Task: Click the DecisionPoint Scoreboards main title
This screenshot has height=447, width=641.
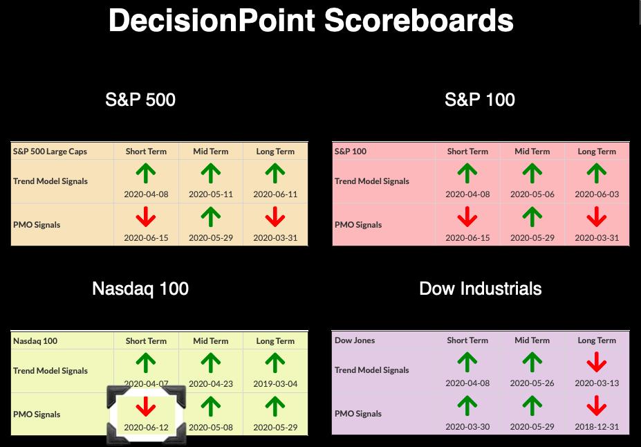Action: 311,21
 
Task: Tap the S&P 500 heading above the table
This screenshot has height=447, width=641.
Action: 140,100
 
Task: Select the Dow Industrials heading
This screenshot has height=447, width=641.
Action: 481,289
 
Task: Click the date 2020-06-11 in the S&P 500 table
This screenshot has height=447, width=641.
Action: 275,194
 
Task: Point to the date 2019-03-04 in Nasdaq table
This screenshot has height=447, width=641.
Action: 275,384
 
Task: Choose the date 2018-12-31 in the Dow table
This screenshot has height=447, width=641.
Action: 597,426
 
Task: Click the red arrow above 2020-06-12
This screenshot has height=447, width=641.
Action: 145,406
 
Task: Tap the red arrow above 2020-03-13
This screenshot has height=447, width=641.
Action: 597,363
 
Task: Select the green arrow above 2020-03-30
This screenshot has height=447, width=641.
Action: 467,405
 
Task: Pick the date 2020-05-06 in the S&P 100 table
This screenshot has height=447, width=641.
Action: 532,194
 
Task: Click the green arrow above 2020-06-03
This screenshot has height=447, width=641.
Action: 597,173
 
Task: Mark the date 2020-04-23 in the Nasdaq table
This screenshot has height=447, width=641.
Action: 210,384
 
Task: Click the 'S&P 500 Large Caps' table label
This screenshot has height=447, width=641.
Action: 50,152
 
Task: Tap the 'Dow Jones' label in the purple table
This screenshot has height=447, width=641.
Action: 355,340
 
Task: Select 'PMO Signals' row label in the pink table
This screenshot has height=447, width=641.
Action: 358,225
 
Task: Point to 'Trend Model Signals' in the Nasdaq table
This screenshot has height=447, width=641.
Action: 50,371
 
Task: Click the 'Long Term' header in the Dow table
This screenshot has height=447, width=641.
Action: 597,340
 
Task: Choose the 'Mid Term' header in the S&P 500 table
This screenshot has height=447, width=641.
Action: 210,152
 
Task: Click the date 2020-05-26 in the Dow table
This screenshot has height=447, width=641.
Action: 532,383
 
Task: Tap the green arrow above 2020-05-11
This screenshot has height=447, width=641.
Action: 210,173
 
